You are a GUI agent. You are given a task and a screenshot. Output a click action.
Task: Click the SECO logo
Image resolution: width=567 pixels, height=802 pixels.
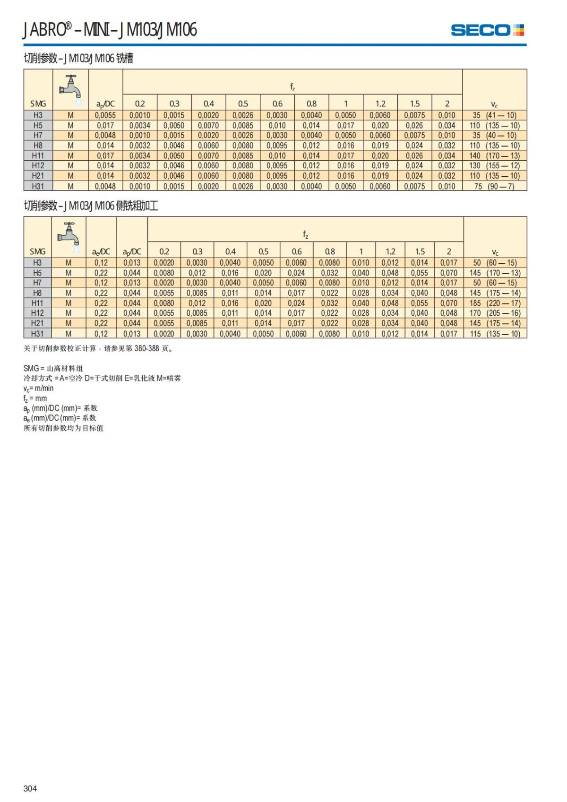(487, 30)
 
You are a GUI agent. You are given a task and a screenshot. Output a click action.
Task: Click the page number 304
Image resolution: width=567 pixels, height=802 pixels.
(30, 788)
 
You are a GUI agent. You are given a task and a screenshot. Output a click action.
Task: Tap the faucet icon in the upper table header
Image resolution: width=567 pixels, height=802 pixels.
(70, 87)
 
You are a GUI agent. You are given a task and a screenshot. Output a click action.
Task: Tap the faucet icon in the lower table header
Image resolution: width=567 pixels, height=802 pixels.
(69, 234)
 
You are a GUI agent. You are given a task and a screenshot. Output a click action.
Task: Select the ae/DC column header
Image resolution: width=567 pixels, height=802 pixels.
(101, 252)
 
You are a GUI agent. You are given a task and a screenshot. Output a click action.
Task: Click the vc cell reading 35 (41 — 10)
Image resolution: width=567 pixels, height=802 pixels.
(494, 115)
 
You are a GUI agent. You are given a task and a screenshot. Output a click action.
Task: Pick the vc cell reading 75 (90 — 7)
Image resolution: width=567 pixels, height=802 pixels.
(494, 186)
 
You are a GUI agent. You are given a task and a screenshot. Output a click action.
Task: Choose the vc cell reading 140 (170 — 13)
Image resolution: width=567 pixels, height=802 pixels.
(494, 155)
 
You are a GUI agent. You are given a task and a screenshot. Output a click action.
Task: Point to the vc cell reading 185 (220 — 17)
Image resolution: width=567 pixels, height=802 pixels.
(495, 303)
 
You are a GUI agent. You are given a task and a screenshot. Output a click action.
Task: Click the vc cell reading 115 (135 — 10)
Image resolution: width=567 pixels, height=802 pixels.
(495, 334)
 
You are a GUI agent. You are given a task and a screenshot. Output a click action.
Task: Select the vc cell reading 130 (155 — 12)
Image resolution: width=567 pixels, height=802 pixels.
(494, 166)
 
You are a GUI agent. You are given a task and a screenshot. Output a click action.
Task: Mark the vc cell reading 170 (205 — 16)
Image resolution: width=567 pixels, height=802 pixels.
(495, 313)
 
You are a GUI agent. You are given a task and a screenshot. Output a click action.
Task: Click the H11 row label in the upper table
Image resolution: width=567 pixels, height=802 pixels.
(38, 155)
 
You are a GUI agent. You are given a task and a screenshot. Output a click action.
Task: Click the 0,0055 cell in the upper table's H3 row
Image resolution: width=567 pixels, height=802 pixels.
(105, 115)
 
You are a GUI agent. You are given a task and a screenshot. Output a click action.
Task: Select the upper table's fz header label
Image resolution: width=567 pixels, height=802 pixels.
(292, 86)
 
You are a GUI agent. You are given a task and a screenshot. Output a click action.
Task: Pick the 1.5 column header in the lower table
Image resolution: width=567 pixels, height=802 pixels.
(420, 252)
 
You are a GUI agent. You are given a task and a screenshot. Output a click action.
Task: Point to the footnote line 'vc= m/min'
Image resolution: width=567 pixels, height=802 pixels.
(39, 388)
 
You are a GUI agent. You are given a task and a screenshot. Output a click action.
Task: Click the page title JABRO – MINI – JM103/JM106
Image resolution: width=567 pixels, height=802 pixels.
(110, 30)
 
